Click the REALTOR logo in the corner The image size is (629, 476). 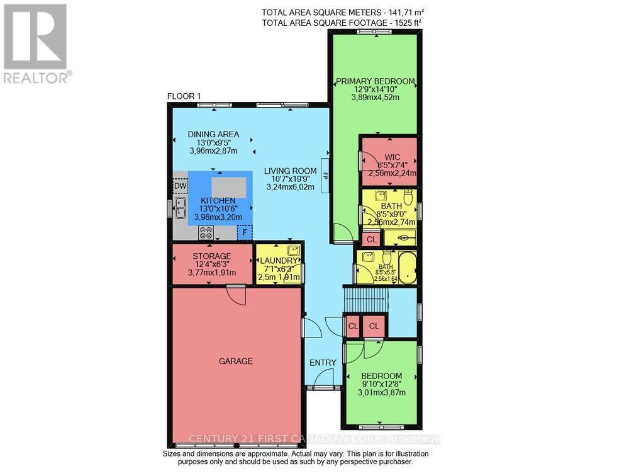tap(35, 44)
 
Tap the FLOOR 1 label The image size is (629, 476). tap(184, 96)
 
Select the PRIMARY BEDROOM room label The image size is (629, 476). tap(375, 81)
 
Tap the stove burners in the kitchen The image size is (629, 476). tap(206, 232)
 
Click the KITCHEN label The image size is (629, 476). tap(220, 200)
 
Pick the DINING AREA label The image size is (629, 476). tap(213, 134)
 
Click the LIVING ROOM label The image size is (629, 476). tap(290, 171)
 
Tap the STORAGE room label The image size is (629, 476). tap(211, 256)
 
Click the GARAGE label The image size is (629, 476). tap(235, 361)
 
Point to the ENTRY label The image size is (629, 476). tap(322, 363)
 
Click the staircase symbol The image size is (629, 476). tap(365, 298)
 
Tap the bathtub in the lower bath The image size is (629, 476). tap(406, 267)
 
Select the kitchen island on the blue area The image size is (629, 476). tap(229, 188)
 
